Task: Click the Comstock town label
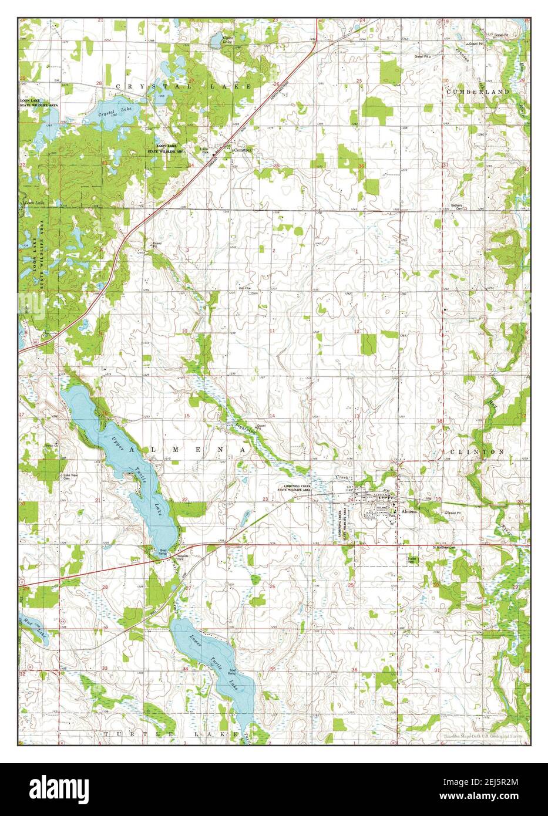coord(243,150)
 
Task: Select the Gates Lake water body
coord(228,41)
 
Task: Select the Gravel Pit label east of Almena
coord(453,512)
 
